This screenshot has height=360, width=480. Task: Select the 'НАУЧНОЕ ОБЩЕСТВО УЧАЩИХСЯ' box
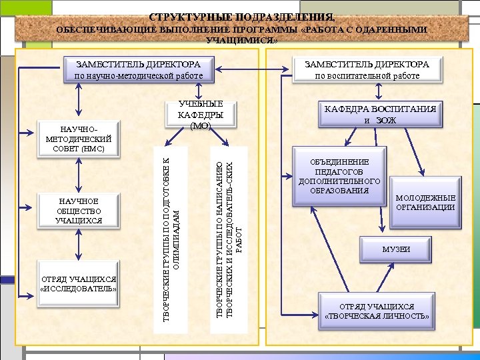pyautogui.click(x=79, y=211)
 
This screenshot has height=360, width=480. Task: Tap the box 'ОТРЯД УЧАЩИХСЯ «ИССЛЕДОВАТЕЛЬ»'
pyautogui.click(x=79, y=283)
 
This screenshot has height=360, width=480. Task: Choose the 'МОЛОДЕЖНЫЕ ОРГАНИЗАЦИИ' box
pyautogui.click(x=425, y=203)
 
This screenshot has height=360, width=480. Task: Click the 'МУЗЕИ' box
pyautogui.click(x=396, y=249)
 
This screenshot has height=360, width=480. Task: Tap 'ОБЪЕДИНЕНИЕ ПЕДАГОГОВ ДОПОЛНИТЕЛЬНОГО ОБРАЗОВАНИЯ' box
pyautogui.click(x=339, y=177)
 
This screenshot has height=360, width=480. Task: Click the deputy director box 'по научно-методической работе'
pyautogui.click(x=139, y=70)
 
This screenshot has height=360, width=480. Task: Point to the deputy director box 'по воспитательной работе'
pyautogui.click(x=367, y=70)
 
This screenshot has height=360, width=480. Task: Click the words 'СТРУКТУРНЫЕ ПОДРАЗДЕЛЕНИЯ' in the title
pyautogui.click(x=241, y=17)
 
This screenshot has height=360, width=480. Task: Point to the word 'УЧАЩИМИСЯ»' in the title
pyautogui.click(x=241, y=41)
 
